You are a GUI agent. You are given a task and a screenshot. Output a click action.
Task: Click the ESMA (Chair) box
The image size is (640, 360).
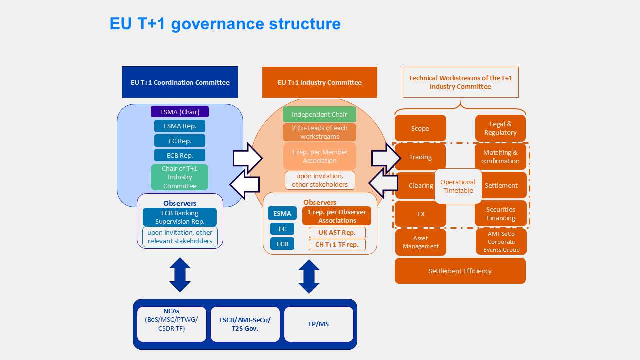(x=180, y=112)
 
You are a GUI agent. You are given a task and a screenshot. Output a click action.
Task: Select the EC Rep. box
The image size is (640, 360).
(x=180, y=141)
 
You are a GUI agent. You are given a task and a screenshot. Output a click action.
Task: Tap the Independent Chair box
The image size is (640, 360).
(x=319, y=114)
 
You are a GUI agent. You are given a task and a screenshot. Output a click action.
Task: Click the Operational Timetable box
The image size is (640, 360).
(x=458, y=186)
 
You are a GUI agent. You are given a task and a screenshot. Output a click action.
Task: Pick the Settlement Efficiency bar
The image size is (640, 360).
(x=460, y=271)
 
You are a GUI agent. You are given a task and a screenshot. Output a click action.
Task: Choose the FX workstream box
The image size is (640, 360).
(x=420, y=214)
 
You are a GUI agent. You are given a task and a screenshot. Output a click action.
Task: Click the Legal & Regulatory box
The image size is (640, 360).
(x=500, y=128)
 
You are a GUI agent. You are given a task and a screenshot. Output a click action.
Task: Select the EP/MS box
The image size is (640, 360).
(x=318, y=324)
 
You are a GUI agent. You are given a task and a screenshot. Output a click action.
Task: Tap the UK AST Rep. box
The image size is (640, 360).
(x=337, y=233)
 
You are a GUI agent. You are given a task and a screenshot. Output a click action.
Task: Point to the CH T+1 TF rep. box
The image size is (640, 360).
(x=337, y=245)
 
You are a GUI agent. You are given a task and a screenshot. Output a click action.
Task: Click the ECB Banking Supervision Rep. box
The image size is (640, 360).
(x=180, y=217)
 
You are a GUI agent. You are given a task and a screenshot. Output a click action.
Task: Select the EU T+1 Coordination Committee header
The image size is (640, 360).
(x=180, y=82)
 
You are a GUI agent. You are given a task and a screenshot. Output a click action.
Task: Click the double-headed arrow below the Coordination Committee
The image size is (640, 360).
(x=180, y=275)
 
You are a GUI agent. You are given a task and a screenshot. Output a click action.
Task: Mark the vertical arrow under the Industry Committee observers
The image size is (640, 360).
(x=309, y=276)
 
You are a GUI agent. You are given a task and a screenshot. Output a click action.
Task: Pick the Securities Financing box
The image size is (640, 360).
(x=500, y=214)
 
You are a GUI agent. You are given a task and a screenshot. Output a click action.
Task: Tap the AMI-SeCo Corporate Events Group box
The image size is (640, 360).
(x=501, y=242)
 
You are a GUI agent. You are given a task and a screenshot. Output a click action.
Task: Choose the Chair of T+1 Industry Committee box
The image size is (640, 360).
(x=180, y=177)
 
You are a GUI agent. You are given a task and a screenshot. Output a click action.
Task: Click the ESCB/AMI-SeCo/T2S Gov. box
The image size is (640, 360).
(x=245, y=324)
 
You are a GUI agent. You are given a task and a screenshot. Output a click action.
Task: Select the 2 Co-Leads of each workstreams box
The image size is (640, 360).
(x=319, y=132)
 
